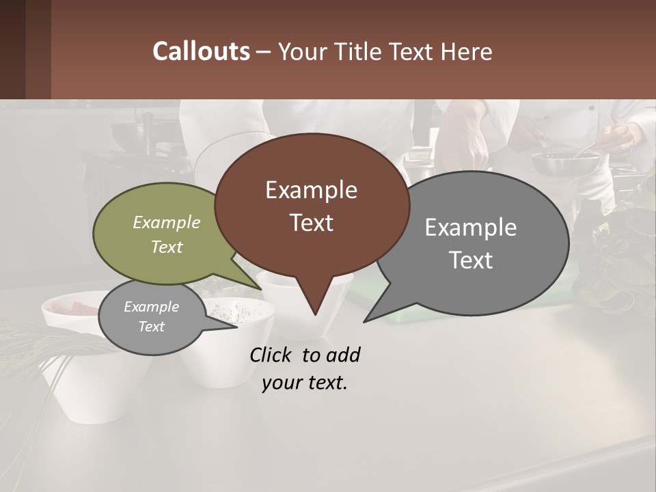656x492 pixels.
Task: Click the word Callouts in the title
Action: pyautogui.click(x=201, y=51)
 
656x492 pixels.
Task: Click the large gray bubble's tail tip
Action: pyautogui.click(x=366, y=320)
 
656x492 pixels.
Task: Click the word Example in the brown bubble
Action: pyautogui.click(x=311, y=190)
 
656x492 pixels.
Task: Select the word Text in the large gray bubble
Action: pyautogui.click(x=471, y=260)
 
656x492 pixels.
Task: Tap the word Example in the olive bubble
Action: pyautogui.click(x=167, y=222)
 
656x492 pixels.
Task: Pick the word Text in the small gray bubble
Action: pyautogui.click(x=151, y=327)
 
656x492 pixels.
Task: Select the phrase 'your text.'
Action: pyautogui.click(x=304, y=383)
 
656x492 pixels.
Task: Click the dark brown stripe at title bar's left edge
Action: pyautogui.click(x=12, y=49)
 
